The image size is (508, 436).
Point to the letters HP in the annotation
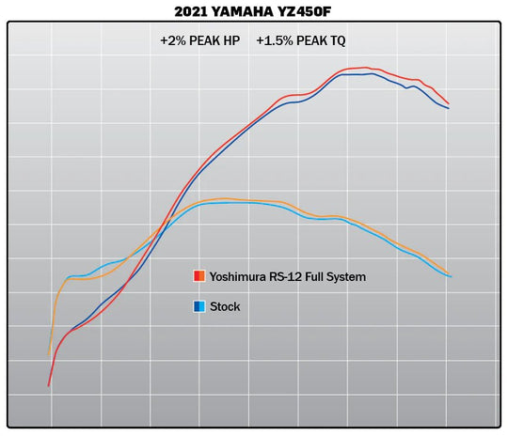coord(234,41)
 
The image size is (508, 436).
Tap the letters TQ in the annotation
coord(341,41)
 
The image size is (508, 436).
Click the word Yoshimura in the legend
coord(239,276)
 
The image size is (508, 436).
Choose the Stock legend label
coord(225,306)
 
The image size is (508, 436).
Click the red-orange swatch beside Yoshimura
coord(199,276)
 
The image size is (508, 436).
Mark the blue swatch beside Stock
coord(199,306)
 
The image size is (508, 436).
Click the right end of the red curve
coord(449,103)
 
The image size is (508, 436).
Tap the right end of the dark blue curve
coord(449,108)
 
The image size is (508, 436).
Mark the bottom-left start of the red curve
coord(49,385)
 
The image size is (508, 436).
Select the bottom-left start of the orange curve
coord(49,355)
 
